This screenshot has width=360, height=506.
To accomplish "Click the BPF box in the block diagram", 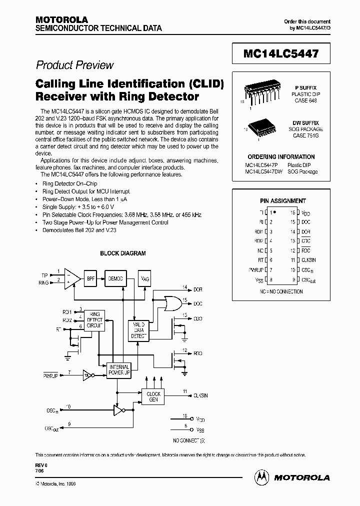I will click(91, 278).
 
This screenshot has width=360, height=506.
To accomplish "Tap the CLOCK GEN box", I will click(153, 397).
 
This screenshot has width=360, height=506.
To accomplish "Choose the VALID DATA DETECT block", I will click(139, 330).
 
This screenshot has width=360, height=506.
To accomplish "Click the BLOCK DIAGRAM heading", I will click(123, 253).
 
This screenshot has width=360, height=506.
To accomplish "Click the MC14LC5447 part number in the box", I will click(281, 53).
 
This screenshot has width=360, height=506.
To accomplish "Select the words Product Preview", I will click(75, 65).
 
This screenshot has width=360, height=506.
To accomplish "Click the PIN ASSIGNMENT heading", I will click(282, 200).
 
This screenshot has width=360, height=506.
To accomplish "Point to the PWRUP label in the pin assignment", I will click(256, 270).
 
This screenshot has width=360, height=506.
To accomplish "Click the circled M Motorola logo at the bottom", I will click(261, 477).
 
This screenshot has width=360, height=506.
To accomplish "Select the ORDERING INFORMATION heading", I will click(281, 156).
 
